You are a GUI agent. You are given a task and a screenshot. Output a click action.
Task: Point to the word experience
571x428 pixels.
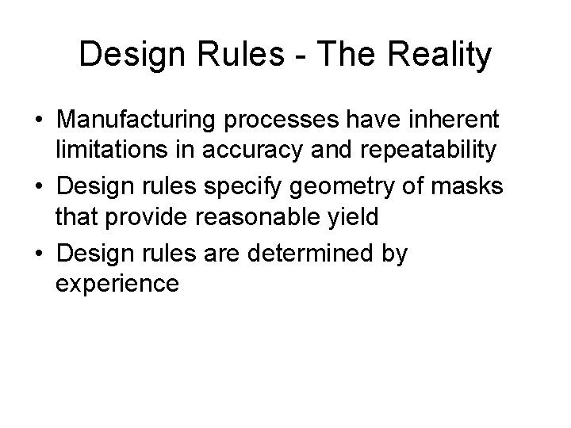[117, 283]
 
